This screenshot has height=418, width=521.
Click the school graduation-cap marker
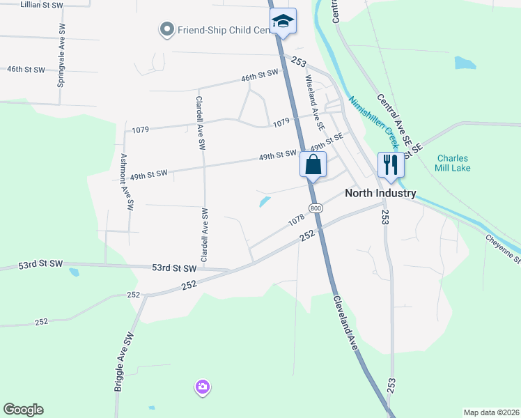283,21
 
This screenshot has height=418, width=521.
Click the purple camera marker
203,387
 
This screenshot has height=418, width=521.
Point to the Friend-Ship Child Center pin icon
166,30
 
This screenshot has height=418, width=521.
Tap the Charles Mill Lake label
453,163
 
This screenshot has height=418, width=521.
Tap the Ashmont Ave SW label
125,182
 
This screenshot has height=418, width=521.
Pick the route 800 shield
316,208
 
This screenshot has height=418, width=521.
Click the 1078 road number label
296,221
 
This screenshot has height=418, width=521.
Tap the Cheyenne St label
503,248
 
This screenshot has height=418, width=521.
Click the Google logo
23,410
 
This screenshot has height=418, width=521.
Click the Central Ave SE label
400,123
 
